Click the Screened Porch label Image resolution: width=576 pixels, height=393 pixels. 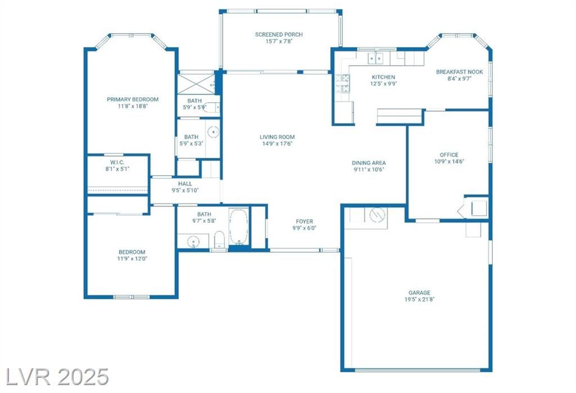[279, 34]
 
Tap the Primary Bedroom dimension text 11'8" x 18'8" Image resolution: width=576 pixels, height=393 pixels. [133, 106]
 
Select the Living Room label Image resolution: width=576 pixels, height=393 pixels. [277, 137]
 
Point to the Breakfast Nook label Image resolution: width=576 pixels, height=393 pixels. [460, 72]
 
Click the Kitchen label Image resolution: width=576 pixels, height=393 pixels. [384, 77]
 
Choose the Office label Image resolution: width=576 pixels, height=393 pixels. [449, 155]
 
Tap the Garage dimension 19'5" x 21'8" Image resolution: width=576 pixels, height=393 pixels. [419, 299]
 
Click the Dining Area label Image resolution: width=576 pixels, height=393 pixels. [368, 163]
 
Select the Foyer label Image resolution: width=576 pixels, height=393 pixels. [304, 221]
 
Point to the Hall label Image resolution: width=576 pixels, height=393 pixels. [185, 184]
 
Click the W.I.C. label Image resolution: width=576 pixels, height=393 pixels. [117, 162]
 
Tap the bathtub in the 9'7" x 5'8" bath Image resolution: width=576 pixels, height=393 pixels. [238, 227]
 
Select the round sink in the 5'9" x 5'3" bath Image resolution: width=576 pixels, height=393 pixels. [213, 131]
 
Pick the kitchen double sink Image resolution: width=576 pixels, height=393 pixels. [376, 58]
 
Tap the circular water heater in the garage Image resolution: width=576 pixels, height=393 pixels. [377, 215]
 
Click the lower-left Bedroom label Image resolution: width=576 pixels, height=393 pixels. [132, 252]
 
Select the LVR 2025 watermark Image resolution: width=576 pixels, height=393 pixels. [57, 377]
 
